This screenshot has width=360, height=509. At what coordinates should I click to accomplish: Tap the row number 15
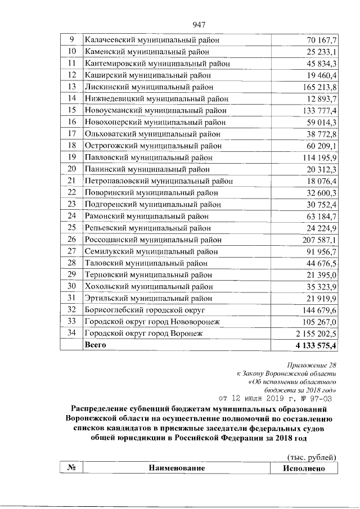(71, 110)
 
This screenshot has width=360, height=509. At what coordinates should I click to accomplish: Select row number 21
(71, 181)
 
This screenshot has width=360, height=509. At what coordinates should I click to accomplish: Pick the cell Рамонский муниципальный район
(148, 216)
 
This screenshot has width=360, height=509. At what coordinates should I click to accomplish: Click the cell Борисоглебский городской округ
(147, 310)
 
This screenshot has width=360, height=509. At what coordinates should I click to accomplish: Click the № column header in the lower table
(71, 468)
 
